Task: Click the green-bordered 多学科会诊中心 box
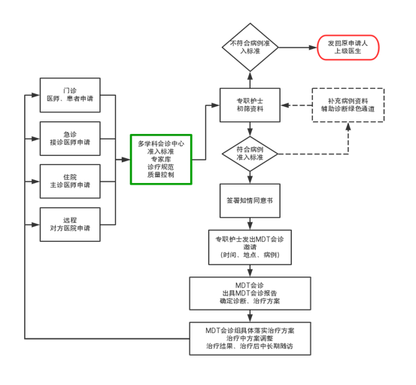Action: (161, 159)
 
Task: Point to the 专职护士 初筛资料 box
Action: (251, 103)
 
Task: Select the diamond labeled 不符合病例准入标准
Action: (251, 47)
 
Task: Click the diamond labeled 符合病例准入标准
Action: (251, 154)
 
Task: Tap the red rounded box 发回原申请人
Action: (348, 47)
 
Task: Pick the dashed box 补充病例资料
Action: (348, 104)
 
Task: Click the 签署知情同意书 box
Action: (251, 201)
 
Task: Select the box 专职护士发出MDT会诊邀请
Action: (251, 247)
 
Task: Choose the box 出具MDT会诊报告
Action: (251, 293)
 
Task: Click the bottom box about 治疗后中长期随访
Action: (251, 338)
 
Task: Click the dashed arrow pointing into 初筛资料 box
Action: (298, 104)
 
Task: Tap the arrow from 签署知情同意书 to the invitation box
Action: (251, 225)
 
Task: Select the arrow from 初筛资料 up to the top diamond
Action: (251, 80)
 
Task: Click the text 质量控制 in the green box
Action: (161, 175)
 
